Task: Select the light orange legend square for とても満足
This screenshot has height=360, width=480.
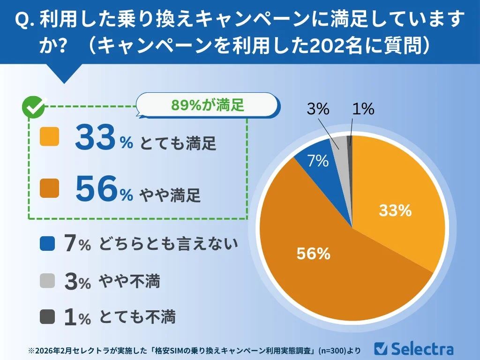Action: [50, 137]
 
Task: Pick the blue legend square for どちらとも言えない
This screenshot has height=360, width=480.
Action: [48, 244]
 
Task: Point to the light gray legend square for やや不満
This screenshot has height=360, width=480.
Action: [48, 281]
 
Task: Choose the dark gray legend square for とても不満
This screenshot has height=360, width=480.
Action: [48, 317]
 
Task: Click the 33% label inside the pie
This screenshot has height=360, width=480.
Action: [395, 211]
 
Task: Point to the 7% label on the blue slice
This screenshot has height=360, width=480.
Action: [318, 161]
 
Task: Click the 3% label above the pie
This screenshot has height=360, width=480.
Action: [318, 110]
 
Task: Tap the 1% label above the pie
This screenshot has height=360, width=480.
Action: [363, 110]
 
